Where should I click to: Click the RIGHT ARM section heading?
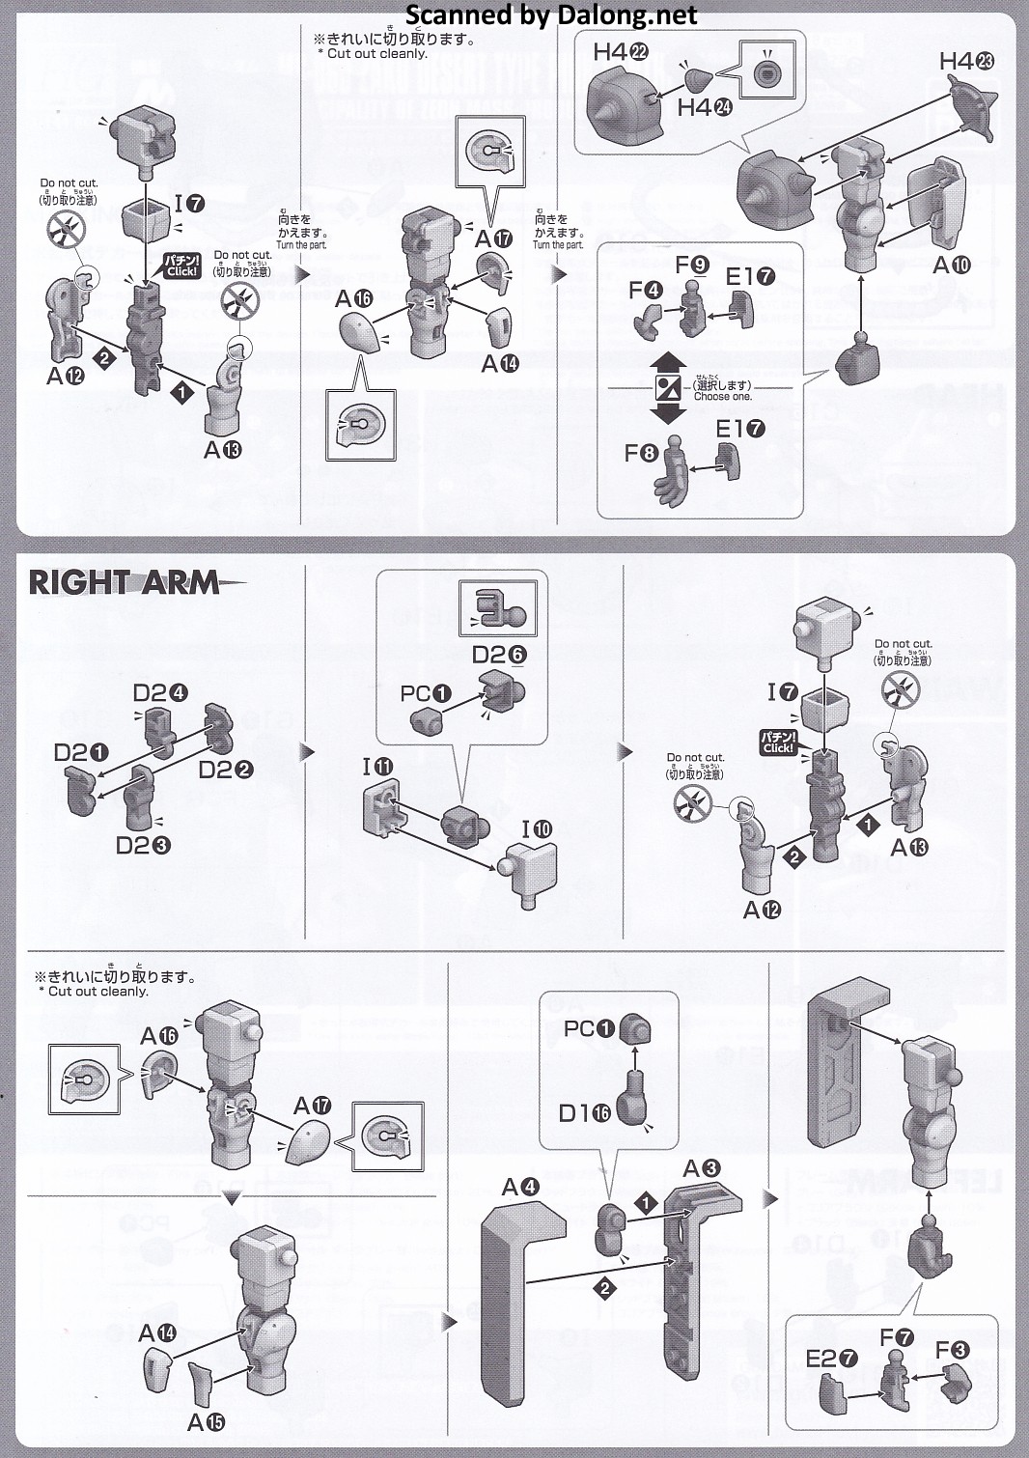[124, 583]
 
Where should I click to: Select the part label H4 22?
[620, 52]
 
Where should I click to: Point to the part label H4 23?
[966, 61]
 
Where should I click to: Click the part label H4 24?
[704, 107]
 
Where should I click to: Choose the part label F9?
[691, 265]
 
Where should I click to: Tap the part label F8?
[641, 453]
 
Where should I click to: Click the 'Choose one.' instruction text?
[722, 397]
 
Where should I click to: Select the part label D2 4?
[160, 692]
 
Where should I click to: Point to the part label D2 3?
[143, 845]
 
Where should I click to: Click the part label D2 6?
[499, 655]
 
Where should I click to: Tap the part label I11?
[377, 767]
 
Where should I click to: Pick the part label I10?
[538, 828]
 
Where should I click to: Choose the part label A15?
[207, 1422]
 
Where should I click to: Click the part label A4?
[520, 1187]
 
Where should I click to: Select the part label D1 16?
[584, 1113]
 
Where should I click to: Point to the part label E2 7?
[831, 1359]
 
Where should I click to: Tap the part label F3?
[952, 1349]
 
